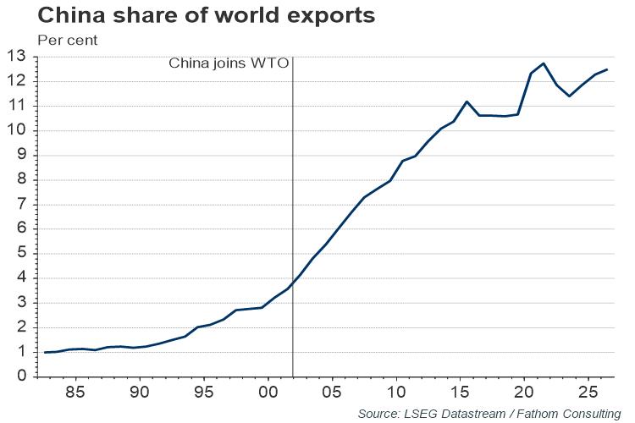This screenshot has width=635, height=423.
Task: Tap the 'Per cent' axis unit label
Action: point(68,40)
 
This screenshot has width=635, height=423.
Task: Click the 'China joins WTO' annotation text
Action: point(229,63)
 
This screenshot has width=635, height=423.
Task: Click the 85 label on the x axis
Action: point(76,393)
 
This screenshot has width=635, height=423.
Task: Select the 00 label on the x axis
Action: point(268,393)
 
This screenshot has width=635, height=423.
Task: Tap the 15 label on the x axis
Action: point(459,393)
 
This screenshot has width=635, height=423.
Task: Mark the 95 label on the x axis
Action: point(204,393)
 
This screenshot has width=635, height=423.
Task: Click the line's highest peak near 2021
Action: point(544,63)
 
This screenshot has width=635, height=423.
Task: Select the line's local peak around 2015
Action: point(467,102)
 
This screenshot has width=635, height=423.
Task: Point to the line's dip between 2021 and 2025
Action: point(569,96)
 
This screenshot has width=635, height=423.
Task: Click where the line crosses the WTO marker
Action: point(292,283)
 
